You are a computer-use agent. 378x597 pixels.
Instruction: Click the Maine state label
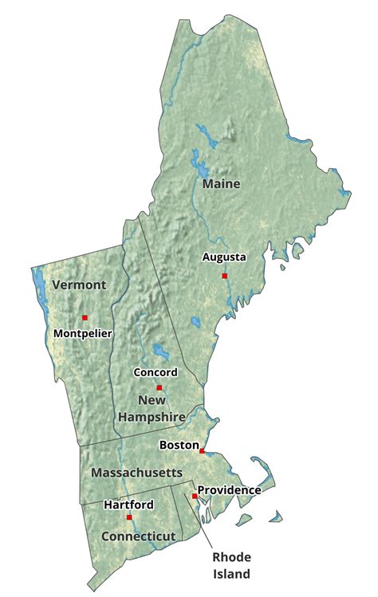(x=221, y=184)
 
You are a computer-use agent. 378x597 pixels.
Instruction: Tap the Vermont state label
(x=78, y=285)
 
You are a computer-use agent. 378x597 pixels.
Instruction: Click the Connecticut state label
(x=138, y=536)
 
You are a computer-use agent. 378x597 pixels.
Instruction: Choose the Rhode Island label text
(x=231, y=565)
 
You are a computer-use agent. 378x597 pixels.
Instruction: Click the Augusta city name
(x=224, y=257)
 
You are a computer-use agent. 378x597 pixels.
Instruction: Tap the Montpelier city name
(x=83, y=332)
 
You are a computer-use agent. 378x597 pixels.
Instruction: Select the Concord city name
(x=156, y=372)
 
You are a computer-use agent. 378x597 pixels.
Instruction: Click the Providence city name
(x=229, y=489)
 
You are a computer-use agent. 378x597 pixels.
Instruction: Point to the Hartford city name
(x=128, y=505)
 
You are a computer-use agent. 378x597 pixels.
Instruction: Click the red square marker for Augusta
(x=225, y=276)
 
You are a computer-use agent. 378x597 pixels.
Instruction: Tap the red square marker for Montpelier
(x=85, y=317)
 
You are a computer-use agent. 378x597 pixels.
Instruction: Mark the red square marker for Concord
(x=159, y=387)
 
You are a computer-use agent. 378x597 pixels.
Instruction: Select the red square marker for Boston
(x=202, y=451)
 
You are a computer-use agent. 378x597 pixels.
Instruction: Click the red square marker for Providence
(x=195, y=496)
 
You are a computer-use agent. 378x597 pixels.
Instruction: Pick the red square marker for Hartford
(x=129, y=517)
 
